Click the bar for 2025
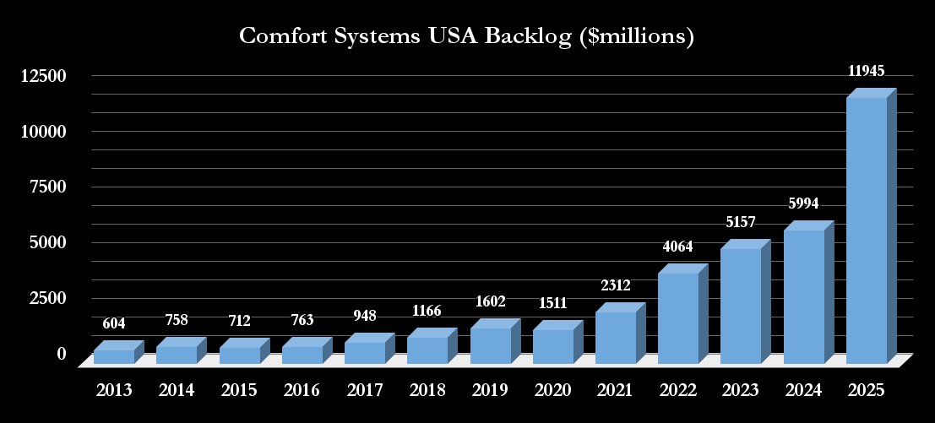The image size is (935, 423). (867, 230)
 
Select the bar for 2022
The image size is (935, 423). (678, 318)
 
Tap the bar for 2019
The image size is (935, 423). (490, 346)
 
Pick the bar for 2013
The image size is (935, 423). (113, 357)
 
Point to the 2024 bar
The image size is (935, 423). (803, 296)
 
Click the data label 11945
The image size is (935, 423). (867, 71)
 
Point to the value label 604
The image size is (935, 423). (114, 323)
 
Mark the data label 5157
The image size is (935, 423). (740, 222)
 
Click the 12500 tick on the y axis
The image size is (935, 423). (44, 76)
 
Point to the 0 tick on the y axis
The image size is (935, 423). (61, 353)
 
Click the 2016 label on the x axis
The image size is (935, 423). (302, 390)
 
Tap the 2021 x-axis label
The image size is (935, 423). (615, 390)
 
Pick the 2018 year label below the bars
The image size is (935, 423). (427, 390)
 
